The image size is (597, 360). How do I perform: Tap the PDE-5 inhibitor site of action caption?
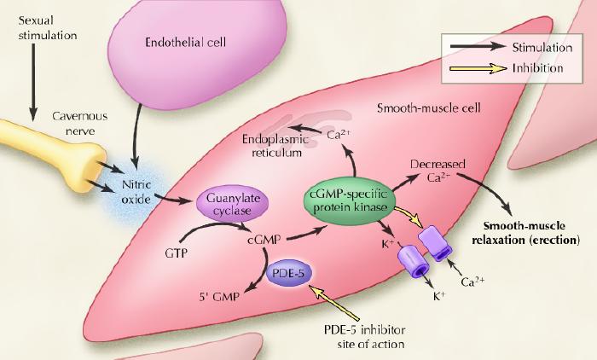[x=366, y=338]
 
